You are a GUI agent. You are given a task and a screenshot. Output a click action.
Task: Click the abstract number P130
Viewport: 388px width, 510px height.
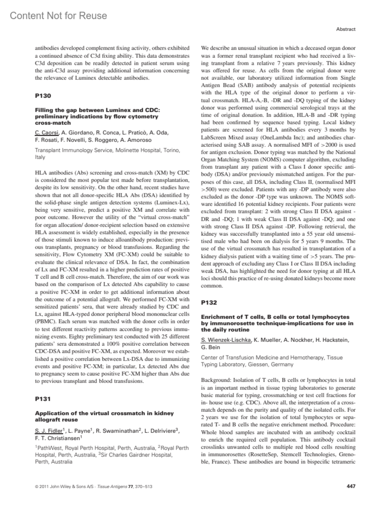point(43,96)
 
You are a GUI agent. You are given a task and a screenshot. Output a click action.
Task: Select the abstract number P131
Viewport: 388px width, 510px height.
point(43,399)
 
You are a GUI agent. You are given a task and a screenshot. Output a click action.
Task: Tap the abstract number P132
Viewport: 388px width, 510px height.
point(209,303)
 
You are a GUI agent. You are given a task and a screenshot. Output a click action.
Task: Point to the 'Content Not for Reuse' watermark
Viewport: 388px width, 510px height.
point(59,16)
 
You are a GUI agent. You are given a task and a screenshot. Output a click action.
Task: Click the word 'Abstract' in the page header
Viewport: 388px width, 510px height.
point(346,29)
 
